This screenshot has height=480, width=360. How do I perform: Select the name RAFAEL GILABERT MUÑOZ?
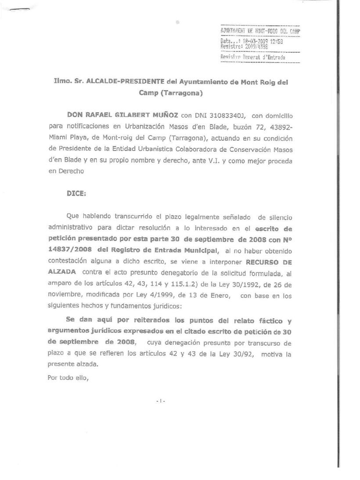(122, 115)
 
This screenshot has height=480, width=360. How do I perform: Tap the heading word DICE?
(76, 193)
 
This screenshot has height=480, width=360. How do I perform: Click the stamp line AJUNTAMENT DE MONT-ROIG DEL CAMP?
(260, 31)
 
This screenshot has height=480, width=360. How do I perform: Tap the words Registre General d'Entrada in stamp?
(253, 58)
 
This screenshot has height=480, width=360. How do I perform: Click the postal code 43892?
(276, 127)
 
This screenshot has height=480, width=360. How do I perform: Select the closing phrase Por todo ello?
(68, 377)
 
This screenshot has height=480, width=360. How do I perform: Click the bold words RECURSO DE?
(269, 262)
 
